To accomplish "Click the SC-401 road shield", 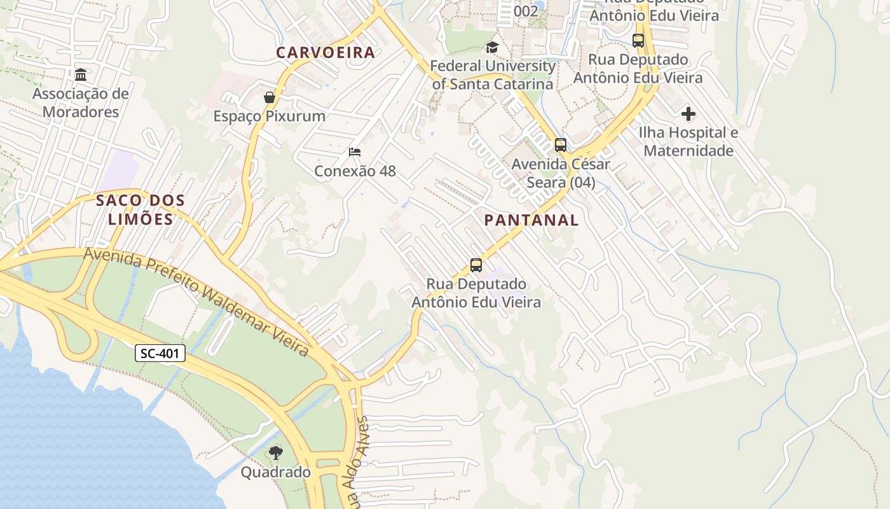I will click(x=160, y=353).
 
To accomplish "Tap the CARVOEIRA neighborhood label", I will click(x=325, y=53).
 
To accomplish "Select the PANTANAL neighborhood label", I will click(x=531, y=220).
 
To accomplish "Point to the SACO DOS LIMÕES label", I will click(x=140, y=210).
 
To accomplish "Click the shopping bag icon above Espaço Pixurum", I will click(x=270, y=97).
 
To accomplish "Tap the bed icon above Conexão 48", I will click(x=355, y=152).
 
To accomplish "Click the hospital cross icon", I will click(x=688, y=115).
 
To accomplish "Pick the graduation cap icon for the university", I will click(x=492, y=47).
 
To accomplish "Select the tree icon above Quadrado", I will click(x=275, y=453).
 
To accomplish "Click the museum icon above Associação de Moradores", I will click(x=81, y=75).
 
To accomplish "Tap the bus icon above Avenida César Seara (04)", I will click(x=560, y=145).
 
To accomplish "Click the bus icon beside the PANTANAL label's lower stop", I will click(x=476, y=265).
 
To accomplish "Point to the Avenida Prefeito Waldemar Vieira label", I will click(x=196, y=302).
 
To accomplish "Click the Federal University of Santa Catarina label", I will click(x=493, y=74).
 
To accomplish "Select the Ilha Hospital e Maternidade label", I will click(x=688, y=142).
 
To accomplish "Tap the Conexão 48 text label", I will click(x=355, y=171).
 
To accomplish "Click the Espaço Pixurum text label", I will click(x=270, y=116).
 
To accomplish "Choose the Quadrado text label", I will click(x=275, y=472).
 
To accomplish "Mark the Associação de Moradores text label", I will click(x=81, y=103).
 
